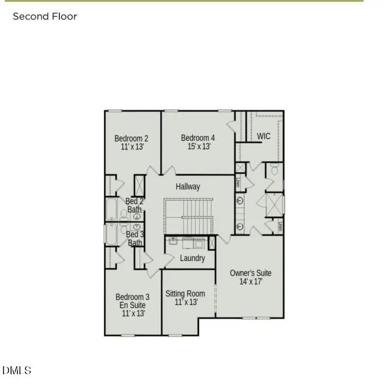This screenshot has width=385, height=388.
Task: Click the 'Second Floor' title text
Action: (45, 16)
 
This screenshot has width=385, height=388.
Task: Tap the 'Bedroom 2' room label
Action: (131, 139)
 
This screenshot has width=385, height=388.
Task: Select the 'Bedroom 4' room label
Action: (198, 138)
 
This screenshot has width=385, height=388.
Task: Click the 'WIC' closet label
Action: (264, 136)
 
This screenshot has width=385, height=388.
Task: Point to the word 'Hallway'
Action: (188, 186)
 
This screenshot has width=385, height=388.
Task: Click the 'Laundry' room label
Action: (192, 258)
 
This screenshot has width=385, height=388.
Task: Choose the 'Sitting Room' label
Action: (185, 293)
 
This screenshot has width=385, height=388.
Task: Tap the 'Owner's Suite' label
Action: (250, 273)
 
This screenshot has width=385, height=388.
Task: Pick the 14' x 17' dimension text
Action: (250, 282)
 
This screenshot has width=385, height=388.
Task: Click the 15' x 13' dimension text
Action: (198, 147)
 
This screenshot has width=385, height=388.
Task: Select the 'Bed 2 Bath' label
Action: (135, 205)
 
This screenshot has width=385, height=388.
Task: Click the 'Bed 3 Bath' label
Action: (135, 238)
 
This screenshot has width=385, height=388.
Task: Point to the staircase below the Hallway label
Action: (188, 215)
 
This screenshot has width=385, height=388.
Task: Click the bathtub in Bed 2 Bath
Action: (112, 209)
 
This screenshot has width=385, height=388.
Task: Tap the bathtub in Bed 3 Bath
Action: (112, 234)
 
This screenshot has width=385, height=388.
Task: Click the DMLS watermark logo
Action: (17, 371)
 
